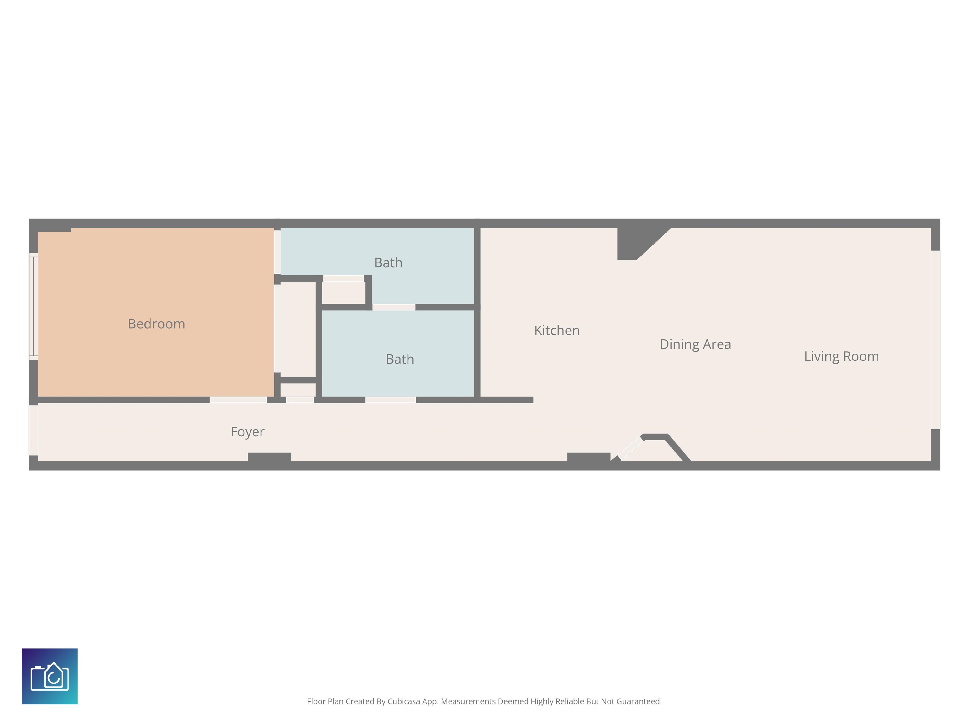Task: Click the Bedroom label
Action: (x=156, y=324)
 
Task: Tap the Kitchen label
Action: (x=557, y=331)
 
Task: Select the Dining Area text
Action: (x=695, y=344)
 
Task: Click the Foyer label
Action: (x=248, y=432)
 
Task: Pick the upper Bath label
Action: (x=388, y=262)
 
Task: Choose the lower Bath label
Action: (x=400, y=359)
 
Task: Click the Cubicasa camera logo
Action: (x=50, y=676)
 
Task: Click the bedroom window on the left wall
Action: (x=33, y=306)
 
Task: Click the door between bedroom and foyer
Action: (x=238, y=400)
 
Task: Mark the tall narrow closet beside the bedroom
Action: (x=298, y=329)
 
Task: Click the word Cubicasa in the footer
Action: (x=403, y=701)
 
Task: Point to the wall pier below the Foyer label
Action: (x=269, y=457)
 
